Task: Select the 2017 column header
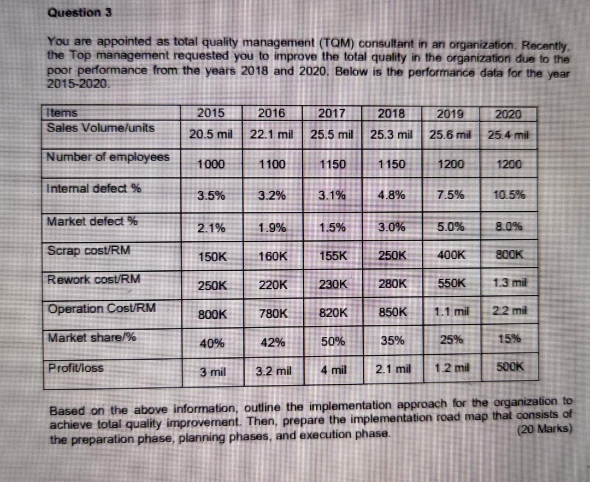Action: coord(331,114)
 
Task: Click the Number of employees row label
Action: coord(108,158)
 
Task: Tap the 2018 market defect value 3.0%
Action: coord(392,226)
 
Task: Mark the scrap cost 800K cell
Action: coord(510,255)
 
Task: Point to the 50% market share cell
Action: coord(333,343)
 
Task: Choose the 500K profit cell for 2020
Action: coord(510,370)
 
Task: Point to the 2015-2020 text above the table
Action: coord(79,84)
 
